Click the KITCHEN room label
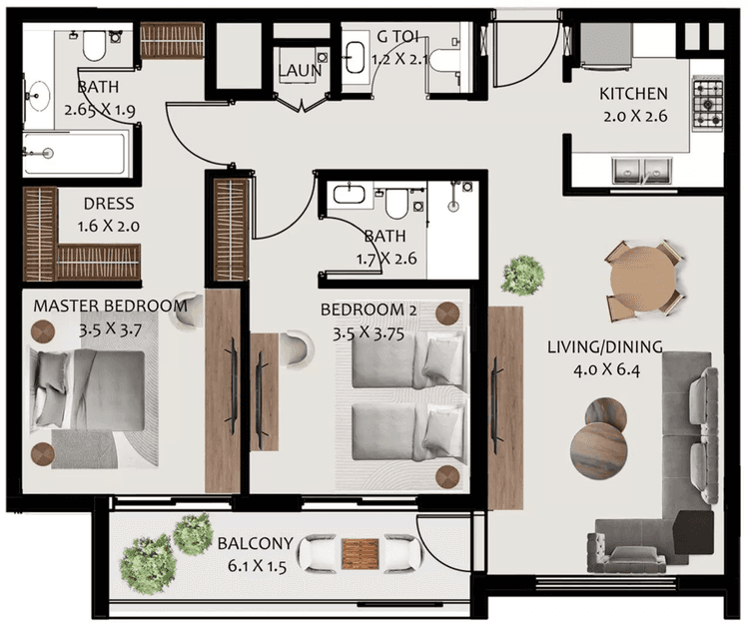point(633,94)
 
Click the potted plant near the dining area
point(522,275)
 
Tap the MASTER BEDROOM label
point(110,306)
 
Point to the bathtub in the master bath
point(74,154)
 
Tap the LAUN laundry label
point(300,72)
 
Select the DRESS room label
point(109,204)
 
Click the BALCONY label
point(255,544)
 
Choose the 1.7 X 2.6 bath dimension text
point(384,259)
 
